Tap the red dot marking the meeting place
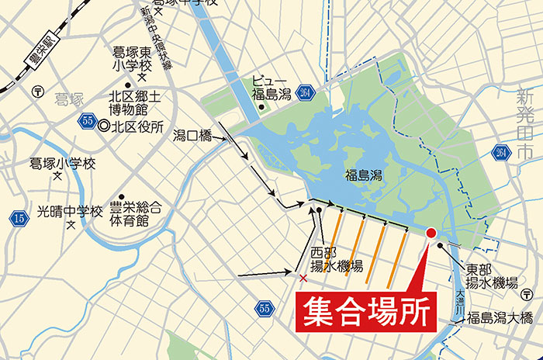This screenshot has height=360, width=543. click(x=431, y=232)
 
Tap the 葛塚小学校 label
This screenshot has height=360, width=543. click(x=61, y=164)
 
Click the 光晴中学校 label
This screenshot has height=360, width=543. click(x=70, y=210)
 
